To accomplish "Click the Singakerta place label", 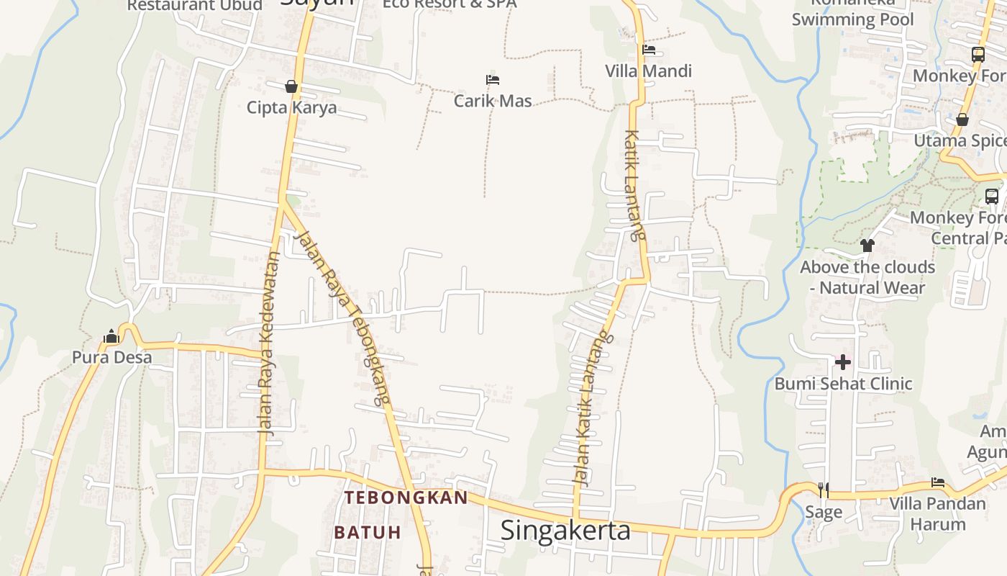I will pyautogui.click(x=565, y=531).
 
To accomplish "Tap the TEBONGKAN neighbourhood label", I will pyautogui.click(x=406, y=498).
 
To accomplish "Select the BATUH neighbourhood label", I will pyautogui.click(x=367, y=533).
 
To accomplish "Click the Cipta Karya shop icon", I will pyautogui.click(x=291, y=86).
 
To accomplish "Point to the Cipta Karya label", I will pyautogui.click(x=291, y=108).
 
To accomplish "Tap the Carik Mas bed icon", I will pyautogui.click(x=493, y=80).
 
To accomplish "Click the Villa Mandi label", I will pyautogui.click(x=648, y=71).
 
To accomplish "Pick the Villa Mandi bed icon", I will pyautogui.click(x=649, y=50).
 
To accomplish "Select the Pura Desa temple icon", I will pyautogui.click(x=111, y=336).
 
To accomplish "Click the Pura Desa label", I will pyautogui.click(x=112, y=357).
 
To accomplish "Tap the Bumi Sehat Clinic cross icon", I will pyautogui.click(x=843, y=361).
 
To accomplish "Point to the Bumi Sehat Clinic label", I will pyautogui.click(x=843, y=384).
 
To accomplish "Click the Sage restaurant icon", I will pyautogui.click(x=824, y=490).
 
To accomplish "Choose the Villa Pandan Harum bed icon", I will pyautogui.click(x=937, y=482).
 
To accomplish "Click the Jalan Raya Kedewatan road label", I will pyautogui.click(x=268, y=342).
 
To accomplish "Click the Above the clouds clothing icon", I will pyautogui.click(x=867, y=246).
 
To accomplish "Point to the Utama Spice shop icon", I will pyautogui.click(x=962, y=120).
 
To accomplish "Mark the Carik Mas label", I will pyautogui.click(x=493, y=101).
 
